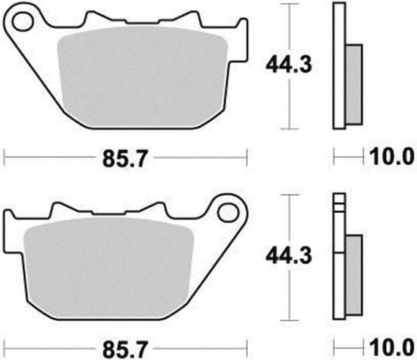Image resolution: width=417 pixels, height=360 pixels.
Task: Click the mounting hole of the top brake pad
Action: click(x=23, y=21)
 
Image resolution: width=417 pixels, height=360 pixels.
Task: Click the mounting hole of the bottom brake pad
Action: click(x=228, y=212)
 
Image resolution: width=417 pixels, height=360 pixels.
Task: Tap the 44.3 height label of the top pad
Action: click(x=289, y=66)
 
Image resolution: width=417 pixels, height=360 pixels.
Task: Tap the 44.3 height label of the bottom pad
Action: click(x=289, y=256)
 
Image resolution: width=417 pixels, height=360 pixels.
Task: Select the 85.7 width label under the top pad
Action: click(x=124, y=159)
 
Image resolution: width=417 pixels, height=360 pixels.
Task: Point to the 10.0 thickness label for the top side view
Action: click(x=392, y=156)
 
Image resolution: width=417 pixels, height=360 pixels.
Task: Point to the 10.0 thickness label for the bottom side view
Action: click(x=392, y=348)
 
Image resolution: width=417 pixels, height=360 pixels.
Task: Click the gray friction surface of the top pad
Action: click(x=143, y=77)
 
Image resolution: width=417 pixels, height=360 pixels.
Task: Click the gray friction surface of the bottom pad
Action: click(x=109, y=267)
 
